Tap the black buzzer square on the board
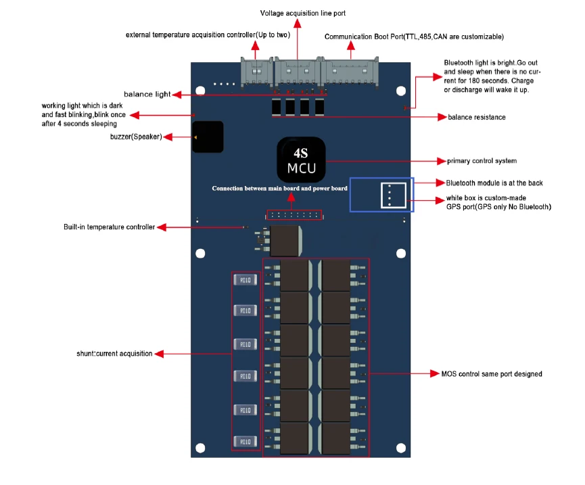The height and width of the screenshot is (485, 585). (208, 137)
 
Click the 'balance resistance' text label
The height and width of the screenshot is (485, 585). (476, 117)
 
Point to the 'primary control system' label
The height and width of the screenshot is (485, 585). (482, 161)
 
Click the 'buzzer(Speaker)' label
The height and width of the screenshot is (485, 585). (135, 137)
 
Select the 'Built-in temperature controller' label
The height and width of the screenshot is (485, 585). (109, 227)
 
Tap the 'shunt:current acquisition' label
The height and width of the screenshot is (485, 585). (114, 353)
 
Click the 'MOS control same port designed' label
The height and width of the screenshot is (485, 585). (491, 373)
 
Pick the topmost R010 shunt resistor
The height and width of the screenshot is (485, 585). (245, 280)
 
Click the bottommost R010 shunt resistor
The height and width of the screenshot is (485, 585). (245, 440)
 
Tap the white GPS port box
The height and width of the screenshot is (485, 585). (393, 195)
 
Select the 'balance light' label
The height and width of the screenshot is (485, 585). (147, 94)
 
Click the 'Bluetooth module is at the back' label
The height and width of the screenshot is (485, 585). (494, 183)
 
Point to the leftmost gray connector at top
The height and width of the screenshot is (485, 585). (257, 72)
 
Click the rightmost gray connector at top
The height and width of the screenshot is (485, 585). (350, 72)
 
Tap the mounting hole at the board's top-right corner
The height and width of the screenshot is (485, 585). (400, 90)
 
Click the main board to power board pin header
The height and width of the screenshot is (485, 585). (294, 214)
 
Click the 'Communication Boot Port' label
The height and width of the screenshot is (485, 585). (414, 37)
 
